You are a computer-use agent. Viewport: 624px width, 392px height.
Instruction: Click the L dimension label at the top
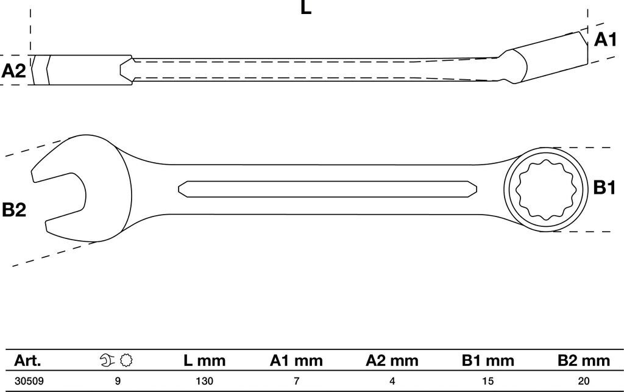point(307,8)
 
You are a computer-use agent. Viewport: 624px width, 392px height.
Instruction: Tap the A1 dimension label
point(604,40)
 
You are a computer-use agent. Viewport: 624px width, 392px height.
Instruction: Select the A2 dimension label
point(13,71)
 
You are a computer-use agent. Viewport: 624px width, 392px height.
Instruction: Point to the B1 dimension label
point(604,188)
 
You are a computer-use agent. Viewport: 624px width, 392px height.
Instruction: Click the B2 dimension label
point(13,210)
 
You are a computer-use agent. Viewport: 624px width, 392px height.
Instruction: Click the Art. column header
point(28,360)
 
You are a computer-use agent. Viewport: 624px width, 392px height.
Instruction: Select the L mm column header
point(204,360)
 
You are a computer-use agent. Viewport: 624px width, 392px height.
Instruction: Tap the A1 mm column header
point(296,360)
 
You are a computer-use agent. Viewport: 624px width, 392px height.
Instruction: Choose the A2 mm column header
point(392,360)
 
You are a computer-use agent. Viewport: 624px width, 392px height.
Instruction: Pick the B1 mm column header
point(487,360)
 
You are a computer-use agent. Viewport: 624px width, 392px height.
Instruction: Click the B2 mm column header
point(583,360)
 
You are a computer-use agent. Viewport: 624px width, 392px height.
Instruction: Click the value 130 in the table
point(204,382)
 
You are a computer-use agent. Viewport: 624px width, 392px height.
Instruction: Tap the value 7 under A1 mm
point(296,382)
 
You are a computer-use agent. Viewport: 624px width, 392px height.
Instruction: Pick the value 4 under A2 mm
point(392,382)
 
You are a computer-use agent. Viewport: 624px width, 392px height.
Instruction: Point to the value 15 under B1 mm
point(487,382)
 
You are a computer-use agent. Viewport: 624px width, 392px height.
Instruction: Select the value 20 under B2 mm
point(583,382)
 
